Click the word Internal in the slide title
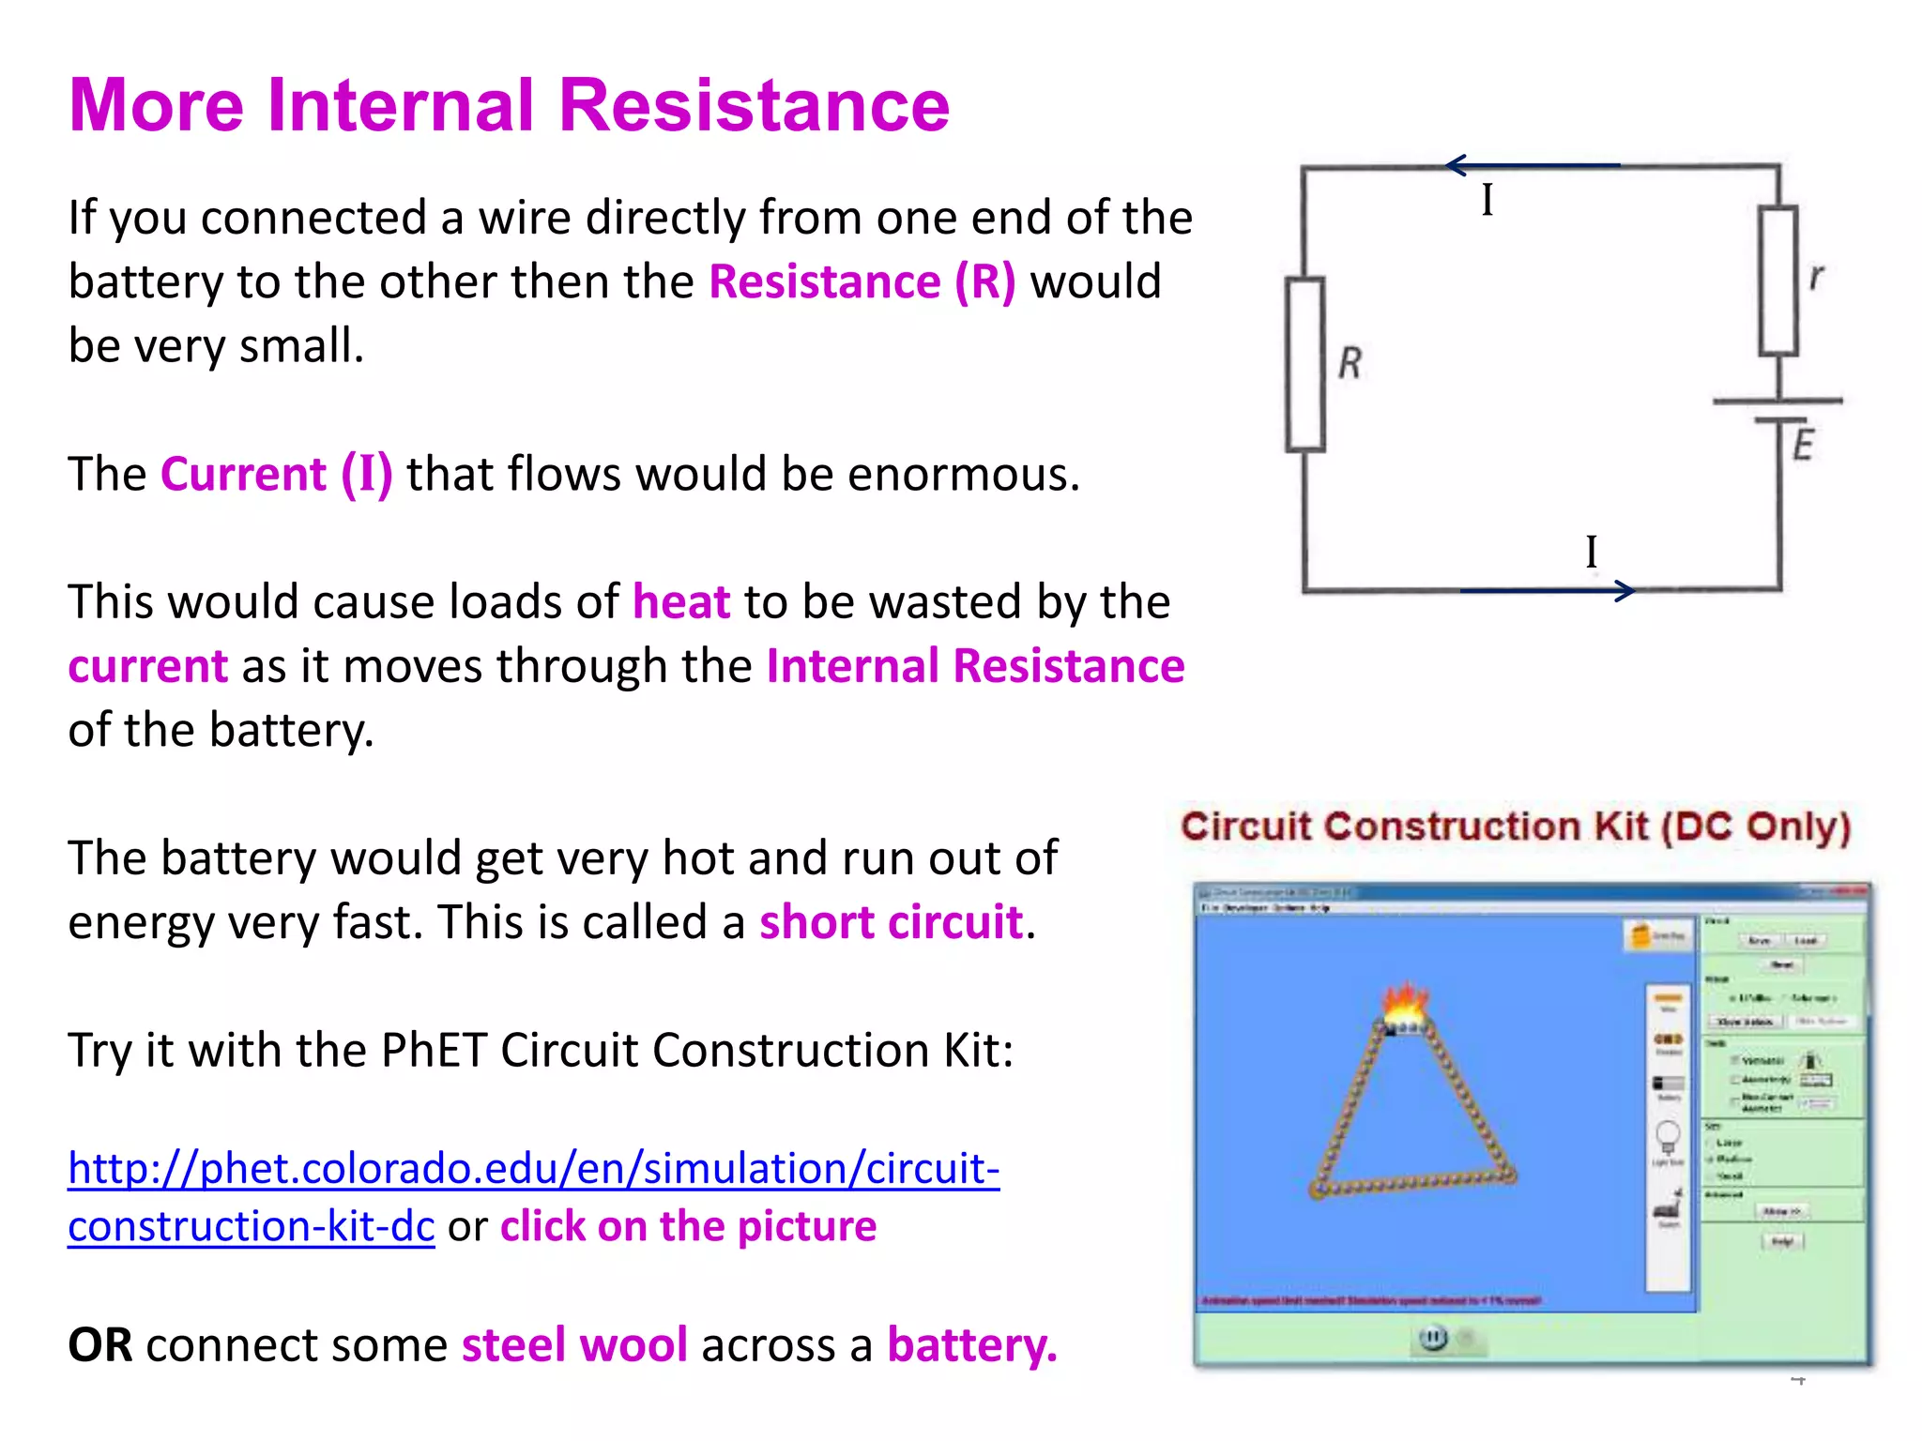tap(401, 105)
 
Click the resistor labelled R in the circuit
tap(1304, 364)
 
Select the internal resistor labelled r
tap(1777, 281)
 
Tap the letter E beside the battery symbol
tap(1803, 444)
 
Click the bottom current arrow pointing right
tap(1548, 590)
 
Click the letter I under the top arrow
tap(1487, 200)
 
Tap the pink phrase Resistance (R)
tap(862, 281)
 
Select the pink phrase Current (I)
tap(276, 474)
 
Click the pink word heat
tap(680, 602)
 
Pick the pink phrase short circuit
tap(890, 922)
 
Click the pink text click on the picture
tap(688, 1226)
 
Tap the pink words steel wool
tap(574, 1345)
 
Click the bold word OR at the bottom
tap(100, 1345)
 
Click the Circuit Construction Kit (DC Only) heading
tap(1515, 827)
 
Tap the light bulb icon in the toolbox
tap(1668, 1137)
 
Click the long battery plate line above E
tap(1777, 401)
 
